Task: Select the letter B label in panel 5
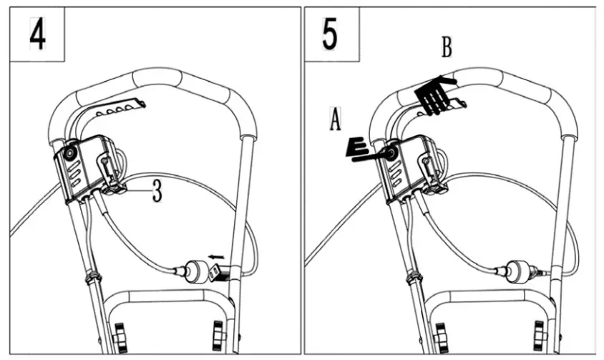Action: (447, 49)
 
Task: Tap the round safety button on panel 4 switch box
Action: (69, 153)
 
